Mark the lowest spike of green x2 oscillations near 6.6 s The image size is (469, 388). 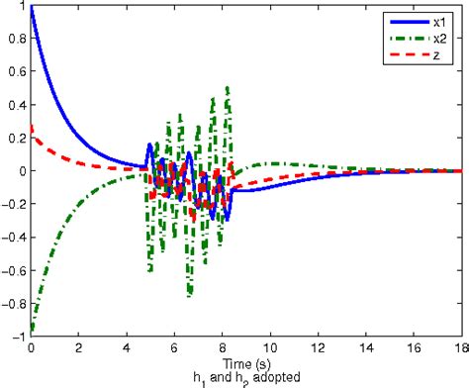(x=189, y=295)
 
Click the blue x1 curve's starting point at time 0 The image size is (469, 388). (x=33, y=8)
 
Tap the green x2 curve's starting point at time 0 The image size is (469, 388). (x=33, y=328)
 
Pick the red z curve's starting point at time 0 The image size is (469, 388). (x=33, y=126)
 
